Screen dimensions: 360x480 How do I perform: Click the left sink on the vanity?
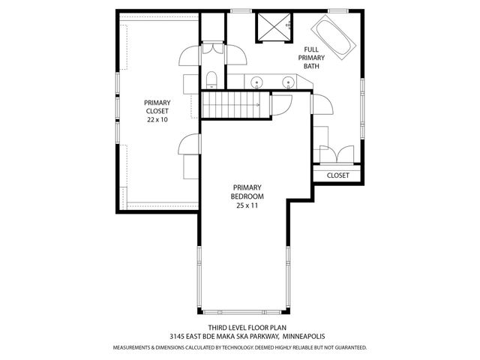pyautogui.click(x=257, y=81)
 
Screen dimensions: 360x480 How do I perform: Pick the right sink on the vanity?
pyautogui.click(x=287, y=81)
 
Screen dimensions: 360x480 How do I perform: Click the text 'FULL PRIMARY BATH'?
pyautogui.click(x=311, y=58)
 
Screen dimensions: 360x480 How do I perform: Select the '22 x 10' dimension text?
pyautogui.click(x=157, y=119)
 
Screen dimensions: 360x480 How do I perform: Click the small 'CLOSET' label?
pyautogui.click(x=338, y=175)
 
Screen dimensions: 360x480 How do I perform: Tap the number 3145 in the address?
pyautogui.click(x=177, y=337)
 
